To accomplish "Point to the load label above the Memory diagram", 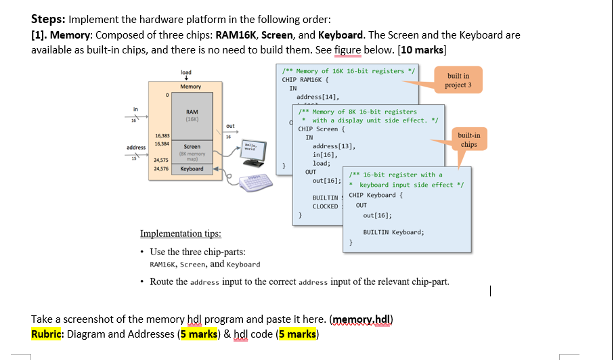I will tap(186, 72).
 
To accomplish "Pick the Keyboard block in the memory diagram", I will tap(192, 168).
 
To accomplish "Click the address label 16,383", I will tap(162, 136).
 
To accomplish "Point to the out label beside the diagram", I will tap(230, 126).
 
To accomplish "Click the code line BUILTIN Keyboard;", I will tap(393, 232).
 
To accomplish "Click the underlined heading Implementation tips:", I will tap(181, 234).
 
